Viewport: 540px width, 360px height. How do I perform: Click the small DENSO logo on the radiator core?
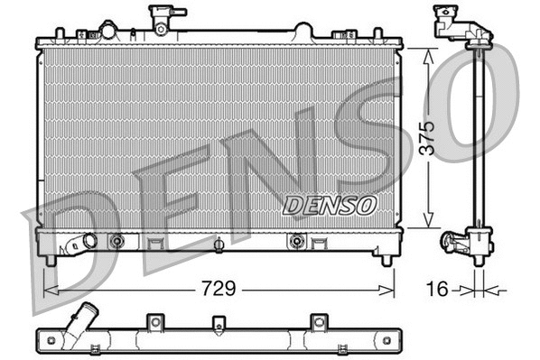pyautogui.click(x=330, y=205)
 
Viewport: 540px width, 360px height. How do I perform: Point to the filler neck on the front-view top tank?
pyautogui.click(x=163, y=17)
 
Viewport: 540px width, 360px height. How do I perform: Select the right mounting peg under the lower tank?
pyautogui.click(x=387, y=260)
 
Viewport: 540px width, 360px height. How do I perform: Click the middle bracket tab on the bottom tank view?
pyautogui.click(x=218, y=323)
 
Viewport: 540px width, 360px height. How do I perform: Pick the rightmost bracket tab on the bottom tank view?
pyautogui.click(x=316, y=321)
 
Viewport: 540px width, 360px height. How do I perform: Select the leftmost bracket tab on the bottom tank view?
pyautogui.click(x=154, y=321)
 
